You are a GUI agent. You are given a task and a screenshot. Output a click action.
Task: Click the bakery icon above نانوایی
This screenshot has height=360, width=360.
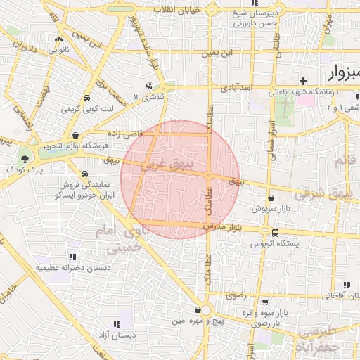pos(58,39)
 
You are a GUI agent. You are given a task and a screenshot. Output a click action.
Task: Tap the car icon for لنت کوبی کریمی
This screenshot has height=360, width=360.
pos(86,98)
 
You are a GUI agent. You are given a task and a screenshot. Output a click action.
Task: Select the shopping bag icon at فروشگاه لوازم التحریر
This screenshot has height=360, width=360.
pos(75,136)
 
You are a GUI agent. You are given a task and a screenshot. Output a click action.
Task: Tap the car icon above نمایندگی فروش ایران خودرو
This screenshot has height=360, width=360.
pos(84,173)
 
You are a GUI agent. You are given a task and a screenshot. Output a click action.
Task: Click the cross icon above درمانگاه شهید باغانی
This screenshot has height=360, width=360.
pos(303,82)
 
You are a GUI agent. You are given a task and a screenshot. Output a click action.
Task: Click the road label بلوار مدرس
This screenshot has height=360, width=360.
pos(224,227)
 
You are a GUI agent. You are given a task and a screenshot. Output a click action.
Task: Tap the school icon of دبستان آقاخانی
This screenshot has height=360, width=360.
pos(345,285)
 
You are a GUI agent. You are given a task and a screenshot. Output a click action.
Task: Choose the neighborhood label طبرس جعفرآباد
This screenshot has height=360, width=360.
pos(319,337)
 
